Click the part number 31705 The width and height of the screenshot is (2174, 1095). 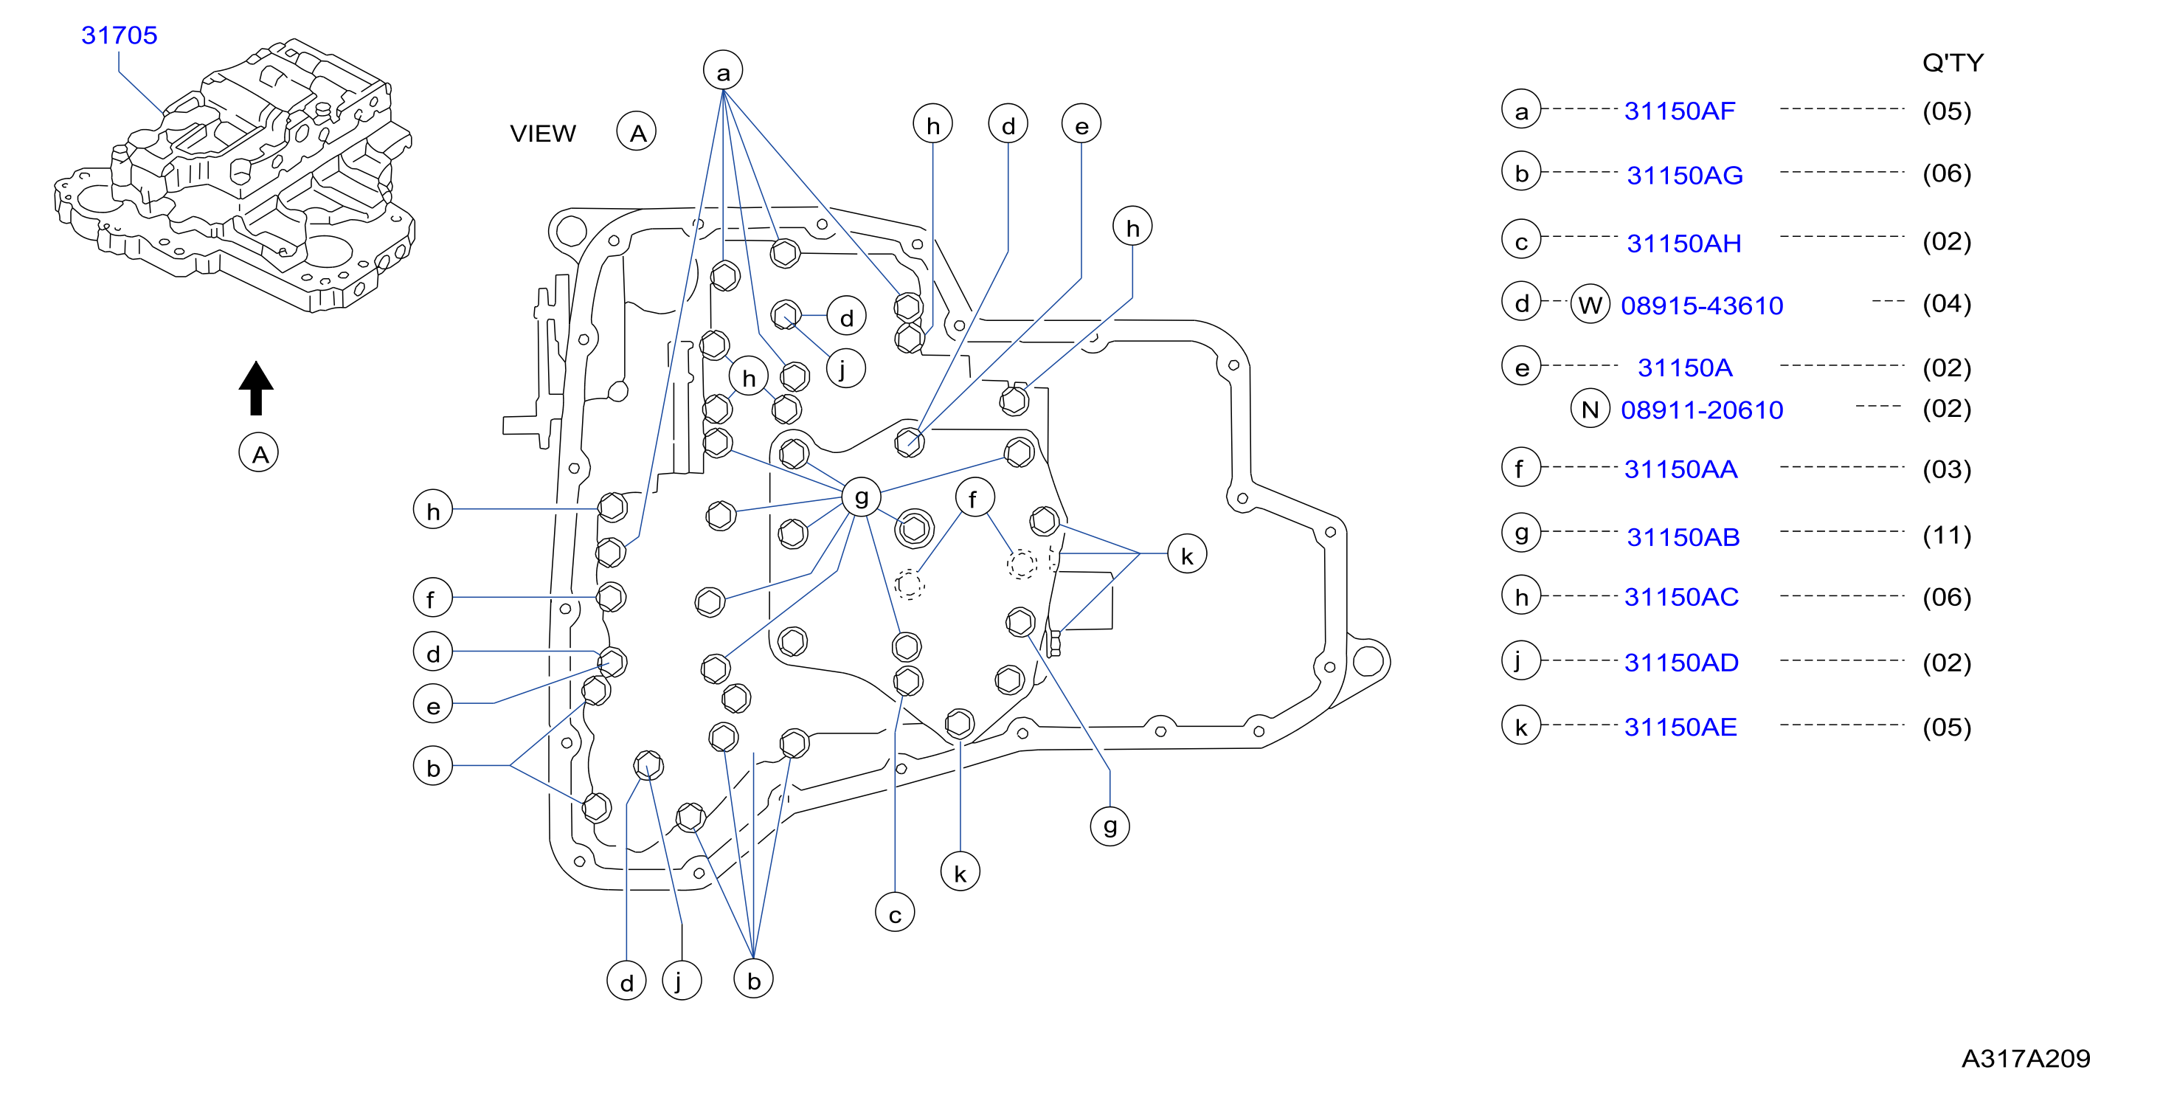(119, 35)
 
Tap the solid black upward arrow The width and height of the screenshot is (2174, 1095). (256, 387)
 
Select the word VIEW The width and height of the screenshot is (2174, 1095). (543, 134)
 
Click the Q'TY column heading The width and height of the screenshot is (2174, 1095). (1953, 63)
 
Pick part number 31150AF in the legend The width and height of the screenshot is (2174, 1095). (1680, 111)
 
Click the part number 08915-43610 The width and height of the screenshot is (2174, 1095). (1702, 305)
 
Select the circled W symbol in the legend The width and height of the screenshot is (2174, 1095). (1590, 305)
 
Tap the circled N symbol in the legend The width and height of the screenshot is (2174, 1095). (1590, 410)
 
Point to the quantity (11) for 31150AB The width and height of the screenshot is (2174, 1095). (1947, 535)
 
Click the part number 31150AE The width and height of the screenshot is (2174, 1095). (1680, 727)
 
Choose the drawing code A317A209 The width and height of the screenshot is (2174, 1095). (2026, 1059)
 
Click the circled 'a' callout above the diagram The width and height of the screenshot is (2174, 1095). (723, 71)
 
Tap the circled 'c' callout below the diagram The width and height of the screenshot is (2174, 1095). (896, 913)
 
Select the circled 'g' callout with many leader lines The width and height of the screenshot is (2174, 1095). (861, 497)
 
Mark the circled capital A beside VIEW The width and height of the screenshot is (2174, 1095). (637, 133)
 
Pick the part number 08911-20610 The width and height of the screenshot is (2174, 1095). (1702, 410)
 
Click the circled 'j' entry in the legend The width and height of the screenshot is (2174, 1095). (1522, 660)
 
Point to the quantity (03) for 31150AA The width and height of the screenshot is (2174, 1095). (1947, 469)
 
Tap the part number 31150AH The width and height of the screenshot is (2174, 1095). (1683, 243)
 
